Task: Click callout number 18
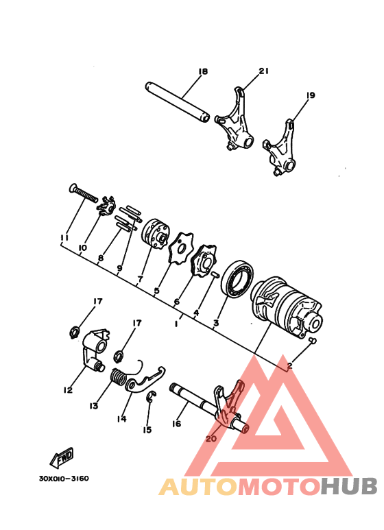[202, 71]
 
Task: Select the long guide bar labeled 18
[177, 101]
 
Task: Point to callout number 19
[310, 95]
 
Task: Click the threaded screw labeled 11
[84, 195]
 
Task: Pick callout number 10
[82, 248]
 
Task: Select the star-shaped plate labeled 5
[180, 248]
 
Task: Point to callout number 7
[140, 280]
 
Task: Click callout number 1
[176, 322]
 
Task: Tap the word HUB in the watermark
[348, 486]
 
